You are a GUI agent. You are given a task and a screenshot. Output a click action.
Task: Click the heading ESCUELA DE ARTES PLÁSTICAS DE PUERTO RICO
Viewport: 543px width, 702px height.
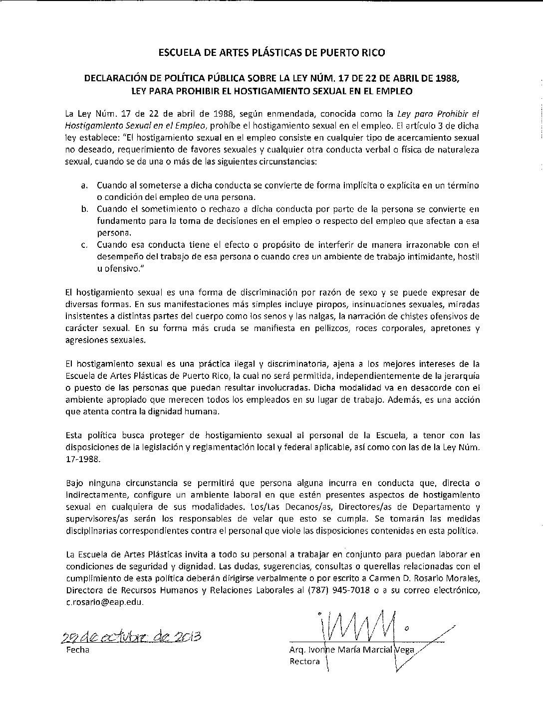(x=271, y=52)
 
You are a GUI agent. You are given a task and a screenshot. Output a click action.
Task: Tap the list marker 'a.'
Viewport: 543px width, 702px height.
(x=84, y=185)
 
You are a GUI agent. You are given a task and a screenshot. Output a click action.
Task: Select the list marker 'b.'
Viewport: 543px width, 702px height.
(x=84, y=209)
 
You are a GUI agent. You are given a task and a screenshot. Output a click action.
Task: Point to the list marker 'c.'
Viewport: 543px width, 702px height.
(x=84, y=245)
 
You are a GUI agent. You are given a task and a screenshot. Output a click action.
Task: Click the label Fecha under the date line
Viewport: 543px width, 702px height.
(x=77, y=650)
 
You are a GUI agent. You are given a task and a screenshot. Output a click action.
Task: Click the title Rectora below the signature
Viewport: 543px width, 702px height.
(x=304, y=662)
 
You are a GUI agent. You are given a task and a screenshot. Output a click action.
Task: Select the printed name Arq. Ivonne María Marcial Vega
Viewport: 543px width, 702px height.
(x=352, y=651)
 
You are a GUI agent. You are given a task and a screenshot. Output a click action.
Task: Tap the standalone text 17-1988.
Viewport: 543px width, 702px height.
(x=83, y=460)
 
